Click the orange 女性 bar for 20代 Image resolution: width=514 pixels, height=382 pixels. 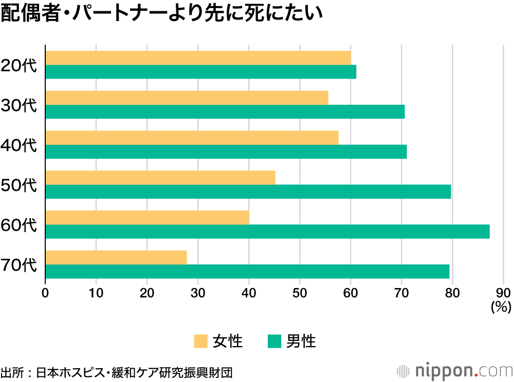198,58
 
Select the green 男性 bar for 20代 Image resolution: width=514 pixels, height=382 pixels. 200,72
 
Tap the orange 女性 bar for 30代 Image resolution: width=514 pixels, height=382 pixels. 187,98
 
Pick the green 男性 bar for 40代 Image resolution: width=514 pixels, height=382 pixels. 226,152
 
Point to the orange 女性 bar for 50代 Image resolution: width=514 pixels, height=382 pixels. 160,178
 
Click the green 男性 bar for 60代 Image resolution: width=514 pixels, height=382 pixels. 267,232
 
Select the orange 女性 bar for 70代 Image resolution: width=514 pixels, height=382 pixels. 116,257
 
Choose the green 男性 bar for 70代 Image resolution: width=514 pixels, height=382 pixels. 247,272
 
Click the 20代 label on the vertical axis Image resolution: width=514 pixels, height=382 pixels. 19,65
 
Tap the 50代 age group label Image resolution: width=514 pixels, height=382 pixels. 19,185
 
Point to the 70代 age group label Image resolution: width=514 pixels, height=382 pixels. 19,265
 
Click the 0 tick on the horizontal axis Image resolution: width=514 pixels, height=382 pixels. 45,293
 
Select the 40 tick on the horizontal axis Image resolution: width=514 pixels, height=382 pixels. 249,293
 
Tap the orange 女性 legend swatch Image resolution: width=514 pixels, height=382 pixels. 200,341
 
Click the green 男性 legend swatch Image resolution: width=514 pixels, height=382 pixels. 274,341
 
